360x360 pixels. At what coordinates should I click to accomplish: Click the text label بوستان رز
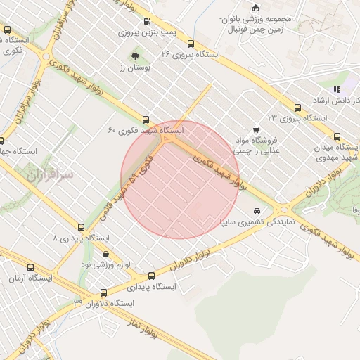[x=131, y=67]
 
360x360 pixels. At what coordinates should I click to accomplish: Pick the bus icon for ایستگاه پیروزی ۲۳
[x=298, y=108]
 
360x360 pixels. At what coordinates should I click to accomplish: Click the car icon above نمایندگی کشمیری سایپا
[x=257, y=211]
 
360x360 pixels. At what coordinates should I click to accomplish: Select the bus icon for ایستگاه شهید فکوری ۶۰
[x=146, y=120]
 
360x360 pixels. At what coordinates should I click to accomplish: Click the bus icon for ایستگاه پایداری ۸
[x=82, y=228]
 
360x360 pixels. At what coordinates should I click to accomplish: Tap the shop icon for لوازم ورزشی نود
[x=106, y=254]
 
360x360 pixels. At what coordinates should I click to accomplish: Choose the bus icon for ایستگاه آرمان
[x=30, y=268]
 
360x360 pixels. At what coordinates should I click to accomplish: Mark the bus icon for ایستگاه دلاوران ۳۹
[x=103, y=292]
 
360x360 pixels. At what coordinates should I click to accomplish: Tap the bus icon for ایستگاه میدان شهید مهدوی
[x=337, y=137]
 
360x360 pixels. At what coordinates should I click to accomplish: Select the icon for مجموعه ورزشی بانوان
[x=264, y=7]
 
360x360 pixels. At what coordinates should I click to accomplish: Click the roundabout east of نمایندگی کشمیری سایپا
[x=284, y=209]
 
